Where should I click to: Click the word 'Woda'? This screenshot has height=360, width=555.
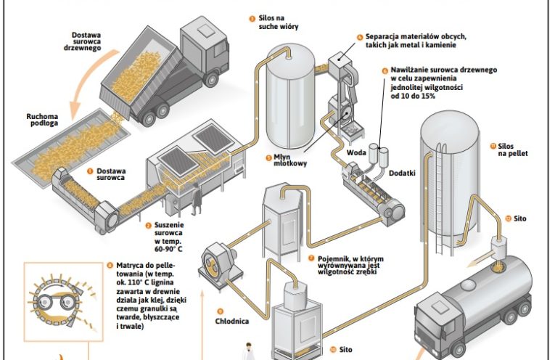pyautogui.click(x=356, y=153)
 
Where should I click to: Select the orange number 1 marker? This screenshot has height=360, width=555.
pyautogui.click(x=91, y=171)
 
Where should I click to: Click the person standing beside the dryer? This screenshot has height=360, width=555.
pyautogui.click(x=194, y=204)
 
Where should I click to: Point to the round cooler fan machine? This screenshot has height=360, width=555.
pyautogui.click(x=217, y=259)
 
